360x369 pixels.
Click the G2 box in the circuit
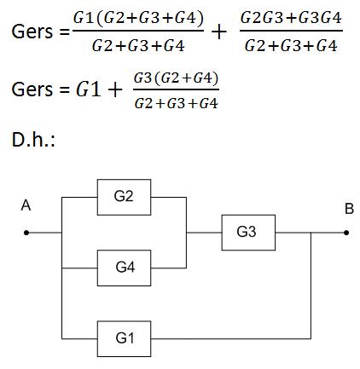(124, 197)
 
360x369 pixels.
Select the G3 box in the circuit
(248, 233)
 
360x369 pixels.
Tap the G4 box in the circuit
(124, 268)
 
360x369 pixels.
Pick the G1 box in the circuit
(124, 338)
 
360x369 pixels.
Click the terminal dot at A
(26, 233)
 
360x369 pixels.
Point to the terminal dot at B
(346, 233)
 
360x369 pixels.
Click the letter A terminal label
(26, 205)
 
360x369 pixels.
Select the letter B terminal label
(349, 209)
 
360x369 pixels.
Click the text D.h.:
(33, 140)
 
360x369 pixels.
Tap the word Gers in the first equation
(32, 32)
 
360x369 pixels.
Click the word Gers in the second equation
(32, 89)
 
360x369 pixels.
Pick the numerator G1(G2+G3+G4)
(138, 18)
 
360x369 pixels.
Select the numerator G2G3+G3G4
(291, 18)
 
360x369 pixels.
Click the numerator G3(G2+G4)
(176, 78)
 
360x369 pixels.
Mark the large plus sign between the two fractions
(219, 32)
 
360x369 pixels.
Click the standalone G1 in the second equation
(89, 89)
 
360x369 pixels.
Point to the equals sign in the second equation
(64, 89)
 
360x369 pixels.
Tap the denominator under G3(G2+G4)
(176, 103)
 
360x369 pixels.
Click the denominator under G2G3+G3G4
(291, 45)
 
